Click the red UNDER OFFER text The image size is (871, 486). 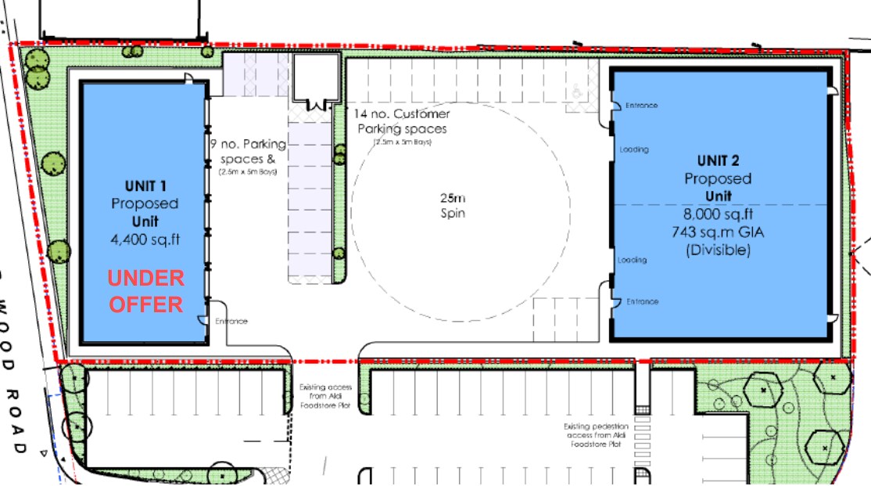tap(145, 290)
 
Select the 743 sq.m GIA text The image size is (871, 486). tap(718, 232)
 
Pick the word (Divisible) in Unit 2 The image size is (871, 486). tap(718, 250)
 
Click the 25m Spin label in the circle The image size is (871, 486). tap(453, 205)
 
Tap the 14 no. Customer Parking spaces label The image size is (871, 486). tap(402, 121)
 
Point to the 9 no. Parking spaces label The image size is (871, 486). tap(249, 151)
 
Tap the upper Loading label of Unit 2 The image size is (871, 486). tap(634, 149)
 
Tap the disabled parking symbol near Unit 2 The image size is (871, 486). tap(577, 92)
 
